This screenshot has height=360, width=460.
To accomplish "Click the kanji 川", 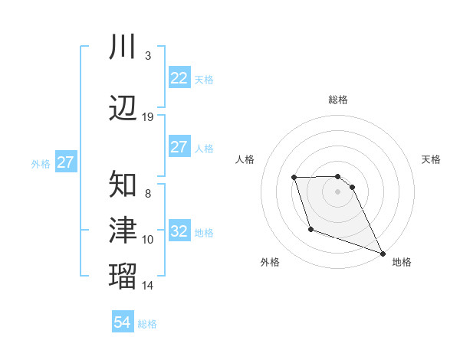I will point(123,47).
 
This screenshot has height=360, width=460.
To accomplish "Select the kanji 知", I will point(123,183).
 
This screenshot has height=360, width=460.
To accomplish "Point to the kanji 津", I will point(123,230).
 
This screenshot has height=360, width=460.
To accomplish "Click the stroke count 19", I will point(148,117).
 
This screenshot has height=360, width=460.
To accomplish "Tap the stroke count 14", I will point(148,286).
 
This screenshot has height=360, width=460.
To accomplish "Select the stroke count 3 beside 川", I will point(148,56).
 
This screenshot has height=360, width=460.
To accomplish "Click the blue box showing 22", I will point(179,78).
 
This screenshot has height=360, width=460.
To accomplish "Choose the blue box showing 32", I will point(179,231).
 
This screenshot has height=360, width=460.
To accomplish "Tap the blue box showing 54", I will point(123,322).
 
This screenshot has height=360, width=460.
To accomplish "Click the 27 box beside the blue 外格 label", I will point(65,162).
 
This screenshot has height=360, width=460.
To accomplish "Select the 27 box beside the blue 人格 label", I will point(179,147).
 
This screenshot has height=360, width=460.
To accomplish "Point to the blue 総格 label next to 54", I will point(147,324).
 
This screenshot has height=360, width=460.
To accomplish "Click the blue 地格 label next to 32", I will point(204,233).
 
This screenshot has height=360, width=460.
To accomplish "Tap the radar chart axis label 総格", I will point(338,100).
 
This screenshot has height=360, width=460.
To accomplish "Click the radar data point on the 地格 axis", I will point(383,253).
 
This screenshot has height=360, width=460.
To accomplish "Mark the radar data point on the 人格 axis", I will point(294,178).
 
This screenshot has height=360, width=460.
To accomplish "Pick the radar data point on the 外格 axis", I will point(310,229).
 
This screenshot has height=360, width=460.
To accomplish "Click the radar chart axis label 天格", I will point(432,159).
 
